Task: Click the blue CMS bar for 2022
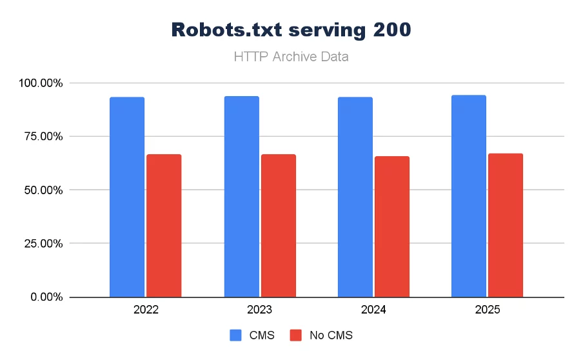coord(127,197)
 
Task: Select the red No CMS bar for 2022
coord(164,226)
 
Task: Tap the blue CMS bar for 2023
coord(242,196)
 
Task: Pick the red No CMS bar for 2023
coord(279,226)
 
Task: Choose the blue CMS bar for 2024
coord(355,197)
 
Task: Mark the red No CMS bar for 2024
coord(392,226)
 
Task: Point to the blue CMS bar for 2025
coord(469,195)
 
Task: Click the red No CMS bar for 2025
coord(506,225)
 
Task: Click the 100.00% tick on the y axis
coord(39,83)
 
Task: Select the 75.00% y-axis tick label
coord(42,137)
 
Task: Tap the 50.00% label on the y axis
coord(42,190)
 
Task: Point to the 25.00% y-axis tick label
coord(42,244)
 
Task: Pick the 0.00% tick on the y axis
coord(44,297)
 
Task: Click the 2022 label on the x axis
coord(146,310)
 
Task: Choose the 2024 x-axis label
coord(374,310)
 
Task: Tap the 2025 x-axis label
coord(488,310)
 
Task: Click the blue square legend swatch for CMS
coord(236,335)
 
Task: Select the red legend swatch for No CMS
coord(296,335)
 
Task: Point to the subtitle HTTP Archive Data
coord(291,57)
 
